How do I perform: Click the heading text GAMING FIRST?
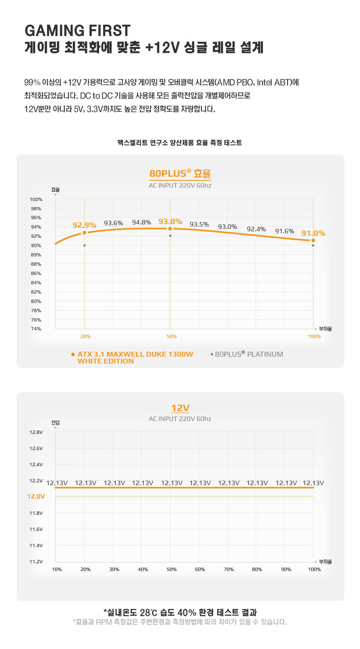pos(77,30)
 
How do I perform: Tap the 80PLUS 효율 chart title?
pos(180,173)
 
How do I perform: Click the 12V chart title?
pos(180,408)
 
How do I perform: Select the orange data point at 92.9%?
pos(85,233)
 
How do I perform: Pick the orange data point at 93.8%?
pos(170,229)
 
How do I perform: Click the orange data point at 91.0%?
pos(313,241)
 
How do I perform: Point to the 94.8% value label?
pos(142,222)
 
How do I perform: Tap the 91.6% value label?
pos(285,231)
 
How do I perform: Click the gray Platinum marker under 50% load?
pos(170,236)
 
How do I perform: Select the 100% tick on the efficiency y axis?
pos(36,199)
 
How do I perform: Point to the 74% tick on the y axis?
pos(36,329)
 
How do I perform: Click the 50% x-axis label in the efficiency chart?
pos(172,336)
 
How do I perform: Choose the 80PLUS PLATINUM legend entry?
pos(247,354)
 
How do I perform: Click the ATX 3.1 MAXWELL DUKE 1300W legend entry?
pos(132,357)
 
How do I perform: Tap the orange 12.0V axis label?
pos(36,496)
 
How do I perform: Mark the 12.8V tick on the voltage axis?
pos(36,432)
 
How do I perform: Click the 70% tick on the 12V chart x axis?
pos(229,569)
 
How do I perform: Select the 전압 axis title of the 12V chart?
pos(55,423)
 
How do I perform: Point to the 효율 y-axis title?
pos(55,190)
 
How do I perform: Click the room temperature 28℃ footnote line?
pos(180,613)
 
